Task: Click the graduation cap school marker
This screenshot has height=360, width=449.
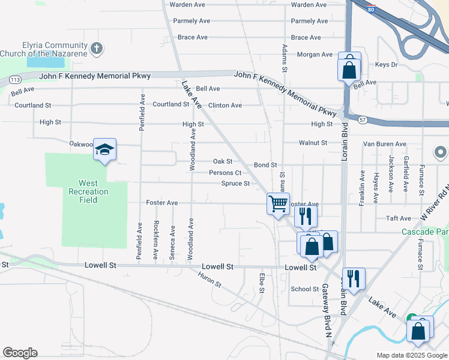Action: click(x=104, y=150)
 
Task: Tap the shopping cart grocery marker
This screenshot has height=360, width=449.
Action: click(x=278, y=204)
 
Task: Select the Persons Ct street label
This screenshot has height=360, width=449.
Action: click(x=225, y=173)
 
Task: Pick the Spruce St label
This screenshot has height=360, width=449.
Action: click(x=235, y=184)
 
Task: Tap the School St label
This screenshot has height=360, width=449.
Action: click(x=304, y=289)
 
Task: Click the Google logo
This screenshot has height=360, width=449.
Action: click(x=20, y=353)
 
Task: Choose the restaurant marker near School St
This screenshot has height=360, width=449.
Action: click(x=354, y=279)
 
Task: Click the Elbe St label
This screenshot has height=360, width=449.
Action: click(x=262, y=283)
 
